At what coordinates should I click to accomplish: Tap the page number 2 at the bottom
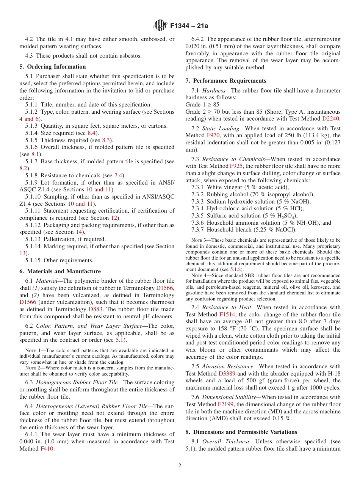180,466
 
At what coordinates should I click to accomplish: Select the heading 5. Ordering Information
53,67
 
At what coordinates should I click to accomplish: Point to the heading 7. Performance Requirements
226,81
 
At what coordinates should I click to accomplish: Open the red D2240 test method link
330,119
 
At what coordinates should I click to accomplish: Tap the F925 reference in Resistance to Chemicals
235,166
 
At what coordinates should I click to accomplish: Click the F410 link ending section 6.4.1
47,449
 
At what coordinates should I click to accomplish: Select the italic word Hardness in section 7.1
215,91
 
